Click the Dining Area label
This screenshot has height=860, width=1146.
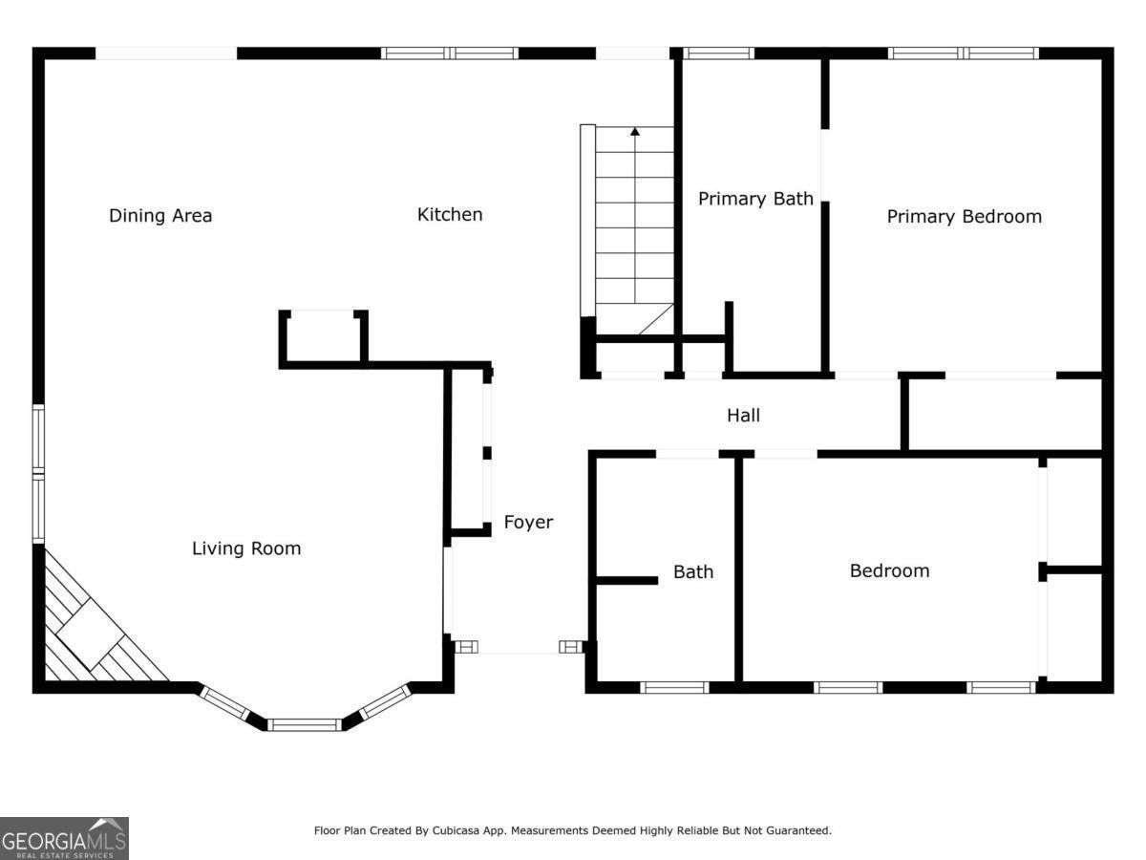click(x=160, y=216)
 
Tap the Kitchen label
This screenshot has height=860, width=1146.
click(x=450, y=215)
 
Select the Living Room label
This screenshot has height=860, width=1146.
click(x=246, y=548)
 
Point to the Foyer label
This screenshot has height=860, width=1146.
click(x=528, y=522)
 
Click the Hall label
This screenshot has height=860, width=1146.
click(x=743, y=416)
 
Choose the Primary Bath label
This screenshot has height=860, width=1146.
click(x=755, y=199)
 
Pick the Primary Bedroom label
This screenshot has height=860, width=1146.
click(x=965, y=217)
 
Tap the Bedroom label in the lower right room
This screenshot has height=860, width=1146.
click(x=890, y=570)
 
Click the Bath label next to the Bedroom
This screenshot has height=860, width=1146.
click(x=693, y=571)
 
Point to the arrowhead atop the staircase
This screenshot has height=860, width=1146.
click(x=635, y=132)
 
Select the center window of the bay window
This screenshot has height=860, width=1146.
click(x=305, y=724)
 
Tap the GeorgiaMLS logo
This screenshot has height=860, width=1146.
click(x=64, y=839)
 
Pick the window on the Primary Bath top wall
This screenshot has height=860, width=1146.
click(x=719, y=54)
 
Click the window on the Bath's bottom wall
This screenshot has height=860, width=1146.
click(x=674, y=687)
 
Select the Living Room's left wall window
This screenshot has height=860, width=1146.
click(x=38, y=474)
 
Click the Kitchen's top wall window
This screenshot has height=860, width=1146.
click(x=450, y=54)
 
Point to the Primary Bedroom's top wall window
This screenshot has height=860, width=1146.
click(x=964, y=54)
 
